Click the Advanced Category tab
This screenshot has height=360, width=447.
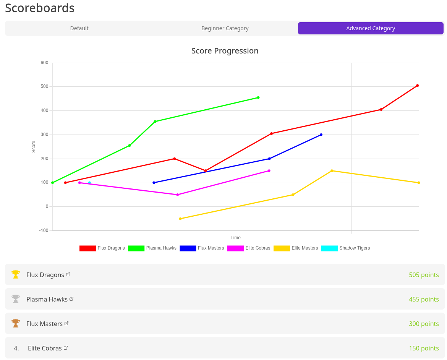(371, 28)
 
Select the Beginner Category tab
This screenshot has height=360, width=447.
(225, 28)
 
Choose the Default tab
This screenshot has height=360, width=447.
(79, 28)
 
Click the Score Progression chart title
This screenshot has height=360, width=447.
(225, 51)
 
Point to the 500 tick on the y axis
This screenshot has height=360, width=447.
(44, 87)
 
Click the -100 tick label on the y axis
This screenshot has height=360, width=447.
(44, 230)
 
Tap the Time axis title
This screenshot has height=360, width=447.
(235, 238)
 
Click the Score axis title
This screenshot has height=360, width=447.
(34, 147)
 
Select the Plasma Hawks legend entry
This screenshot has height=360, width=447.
(152, 248)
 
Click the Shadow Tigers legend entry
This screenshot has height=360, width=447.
(346, 248)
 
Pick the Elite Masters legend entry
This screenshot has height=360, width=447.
(296, 248)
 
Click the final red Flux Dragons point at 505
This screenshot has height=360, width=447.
(417, 86)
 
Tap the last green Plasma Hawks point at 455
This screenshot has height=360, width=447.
(258, 97)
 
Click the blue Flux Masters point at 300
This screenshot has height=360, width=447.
(321, 135)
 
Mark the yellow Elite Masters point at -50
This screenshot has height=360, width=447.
(180, 219)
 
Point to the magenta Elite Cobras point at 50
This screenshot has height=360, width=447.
(177, 195)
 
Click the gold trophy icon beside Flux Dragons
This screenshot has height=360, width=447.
(16, 274)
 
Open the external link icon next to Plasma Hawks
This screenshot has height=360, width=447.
(71, 299)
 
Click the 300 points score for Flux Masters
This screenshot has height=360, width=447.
(424, 324)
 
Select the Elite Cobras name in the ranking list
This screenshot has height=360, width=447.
(45, 348)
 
